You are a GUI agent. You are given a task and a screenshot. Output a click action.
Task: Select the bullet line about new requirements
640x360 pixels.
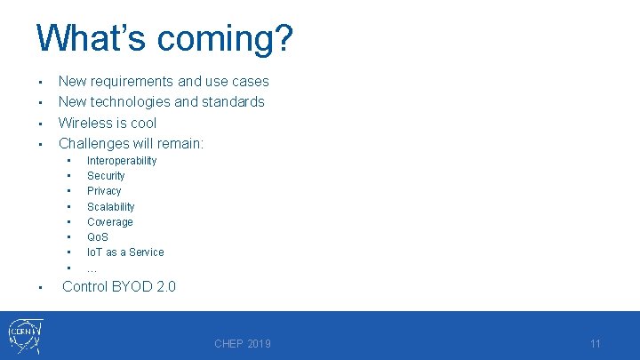coord(163,81)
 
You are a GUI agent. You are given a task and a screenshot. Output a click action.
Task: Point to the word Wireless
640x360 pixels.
coord(85,123)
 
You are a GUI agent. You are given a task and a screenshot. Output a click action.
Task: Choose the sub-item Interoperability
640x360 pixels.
coord(122,161)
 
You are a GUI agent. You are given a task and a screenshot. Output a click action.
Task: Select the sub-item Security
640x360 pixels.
coord(106,176)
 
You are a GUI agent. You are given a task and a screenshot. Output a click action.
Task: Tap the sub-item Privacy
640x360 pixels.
coord(104,191)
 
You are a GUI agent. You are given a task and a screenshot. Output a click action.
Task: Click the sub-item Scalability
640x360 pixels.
coord(111,206)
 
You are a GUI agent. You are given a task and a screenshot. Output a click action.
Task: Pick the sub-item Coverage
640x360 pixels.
coord(110,222)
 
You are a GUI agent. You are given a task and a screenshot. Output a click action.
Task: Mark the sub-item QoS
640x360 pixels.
coord(98,237)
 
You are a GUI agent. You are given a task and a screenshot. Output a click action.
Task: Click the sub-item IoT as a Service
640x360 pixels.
coord(125,252)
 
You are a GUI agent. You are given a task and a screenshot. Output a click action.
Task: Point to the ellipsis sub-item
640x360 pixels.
coord(92,268)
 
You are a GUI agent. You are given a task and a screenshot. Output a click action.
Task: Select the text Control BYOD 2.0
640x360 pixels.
coord(119,286)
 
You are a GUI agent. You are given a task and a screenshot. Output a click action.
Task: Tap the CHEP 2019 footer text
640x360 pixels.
coord(243,344)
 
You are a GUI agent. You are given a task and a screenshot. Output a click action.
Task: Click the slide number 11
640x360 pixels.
coord(596,344)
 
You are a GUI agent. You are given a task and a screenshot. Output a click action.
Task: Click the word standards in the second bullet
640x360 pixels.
coord(232,102)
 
